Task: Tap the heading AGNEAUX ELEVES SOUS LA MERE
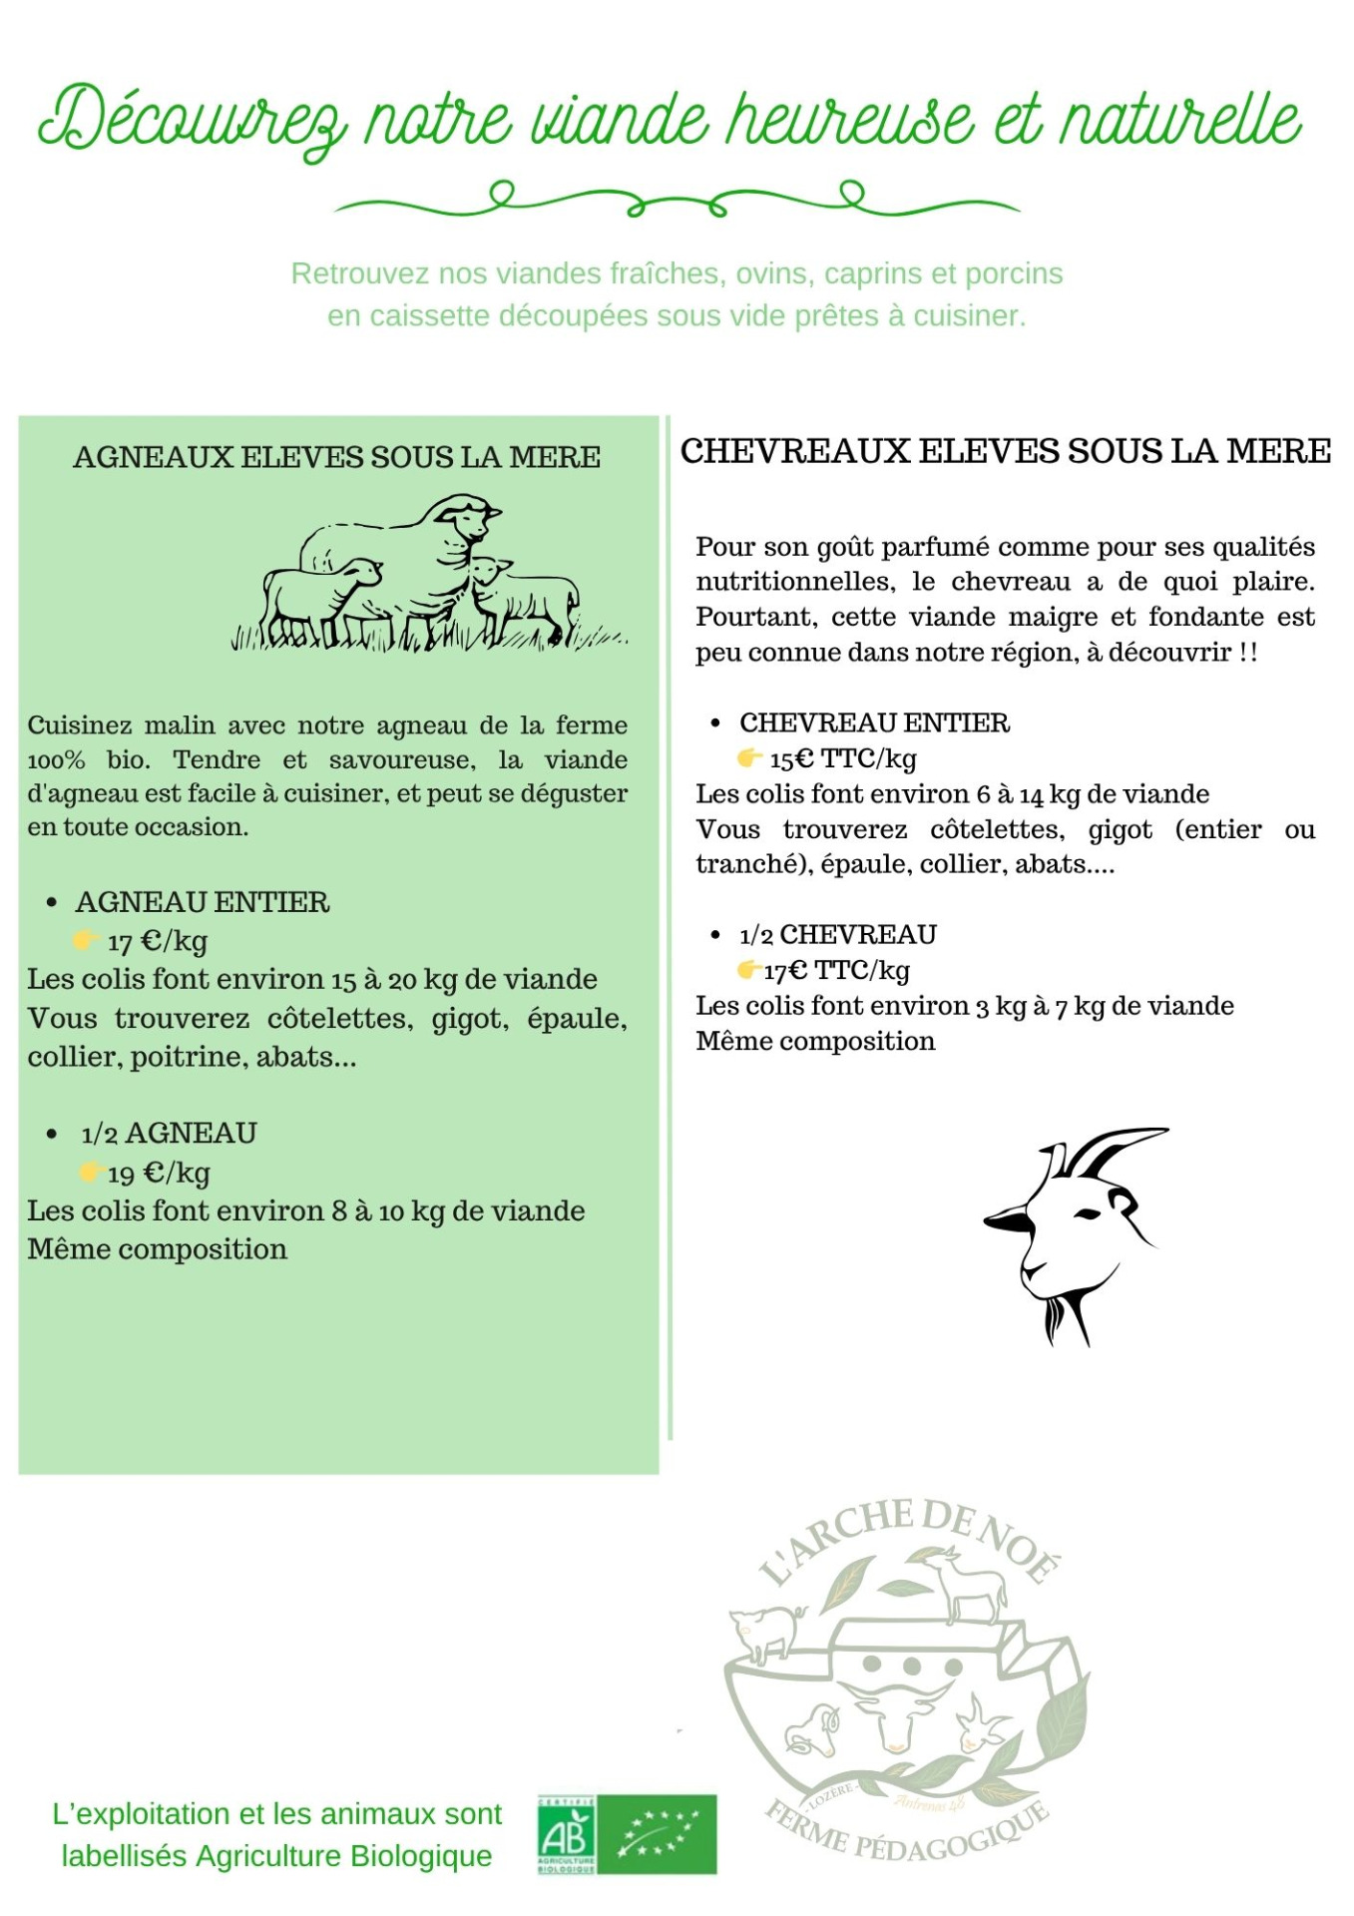coord(336,457)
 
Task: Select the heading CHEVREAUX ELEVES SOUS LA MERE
coord(1005,451)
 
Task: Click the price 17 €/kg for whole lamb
coord(158,941)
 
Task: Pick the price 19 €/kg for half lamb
coord(159,1173)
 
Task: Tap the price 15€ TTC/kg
coord(842,758)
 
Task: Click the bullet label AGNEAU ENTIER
coord(203,902)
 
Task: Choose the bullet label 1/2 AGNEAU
coord(169,1134)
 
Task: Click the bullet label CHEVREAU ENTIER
coord(874,722)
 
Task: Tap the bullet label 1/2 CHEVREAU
coord(838,935)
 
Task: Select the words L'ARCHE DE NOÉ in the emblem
coord(908,1537)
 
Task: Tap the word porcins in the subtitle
coord(1015,273)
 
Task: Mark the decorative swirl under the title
coord(677,199)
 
